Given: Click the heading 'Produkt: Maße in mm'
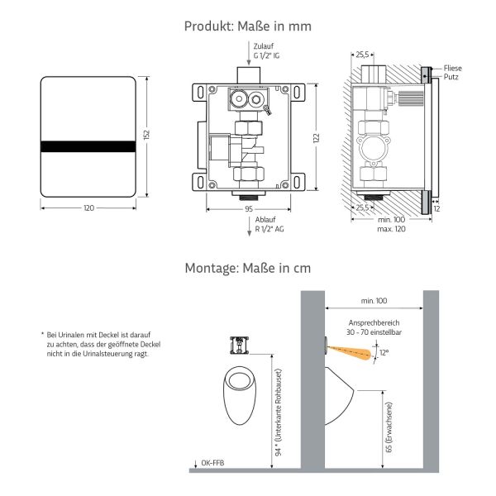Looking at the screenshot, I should pos(248,26).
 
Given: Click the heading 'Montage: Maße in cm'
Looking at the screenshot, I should pos(248,268).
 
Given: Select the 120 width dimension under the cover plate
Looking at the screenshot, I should pos(88,209).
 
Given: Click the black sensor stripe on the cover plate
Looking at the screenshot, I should pos(88,146).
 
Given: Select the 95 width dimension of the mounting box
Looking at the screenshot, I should pos(248,209).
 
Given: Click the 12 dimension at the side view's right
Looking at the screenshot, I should pos(436,209).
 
